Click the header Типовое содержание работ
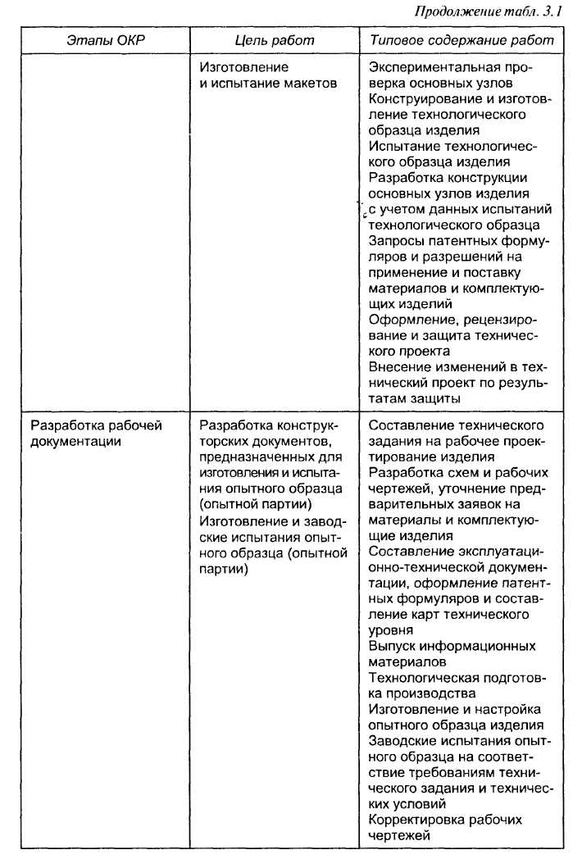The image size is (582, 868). (x=462, y=40)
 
